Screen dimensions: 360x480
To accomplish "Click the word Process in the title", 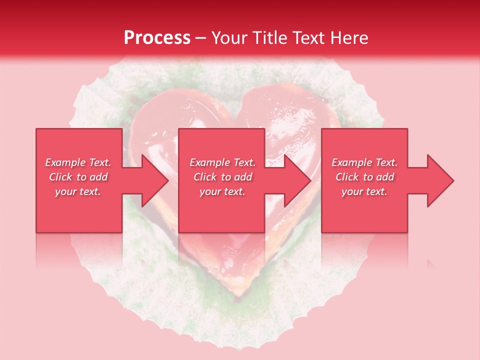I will coord(157,37).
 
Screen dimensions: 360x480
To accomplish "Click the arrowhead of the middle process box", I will coord(297,180).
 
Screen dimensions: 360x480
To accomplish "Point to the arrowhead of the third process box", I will coord(440,180).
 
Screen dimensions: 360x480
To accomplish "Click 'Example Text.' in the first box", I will coord(78,162).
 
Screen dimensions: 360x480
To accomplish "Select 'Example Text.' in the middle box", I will coord(222,162).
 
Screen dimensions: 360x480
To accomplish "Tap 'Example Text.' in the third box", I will coord(364,162).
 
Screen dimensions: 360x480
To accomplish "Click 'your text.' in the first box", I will coord(78,191).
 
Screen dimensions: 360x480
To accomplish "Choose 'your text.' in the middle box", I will coord(222,191).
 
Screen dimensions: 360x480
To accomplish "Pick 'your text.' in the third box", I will coord(364,191).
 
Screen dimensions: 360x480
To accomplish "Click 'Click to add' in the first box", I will coord(78,177).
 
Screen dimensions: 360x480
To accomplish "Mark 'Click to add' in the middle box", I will coord(222,177).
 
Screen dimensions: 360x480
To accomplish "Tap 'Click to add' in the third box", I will coord(364,177).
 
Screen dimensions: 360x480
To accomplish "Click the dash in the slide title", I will coord(201,38).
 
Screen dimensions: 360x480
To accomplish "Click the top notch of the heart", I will coord(235,108).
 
